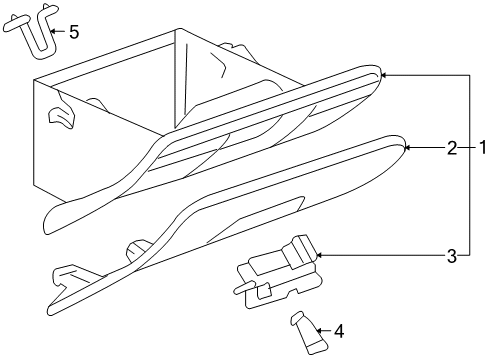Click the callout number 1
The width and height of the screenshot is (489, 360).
pyautogui.click(x=481, y=149)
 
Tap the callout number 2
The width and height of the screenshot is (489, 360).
pyautogui.click(x=452, y=149)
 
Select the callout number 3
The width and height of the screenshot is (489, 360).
pyautogui.click(x=452, y=256)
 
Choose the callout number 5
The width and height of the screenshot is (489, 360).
pyautogui.click(x=73, y=32)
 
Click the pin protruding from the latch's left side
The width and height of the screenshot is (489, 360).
pyautogui.click(x=240, y=287)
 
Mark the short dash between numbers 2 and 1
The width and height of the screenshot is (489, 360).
pyautogui.click(x=467, y=149)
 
